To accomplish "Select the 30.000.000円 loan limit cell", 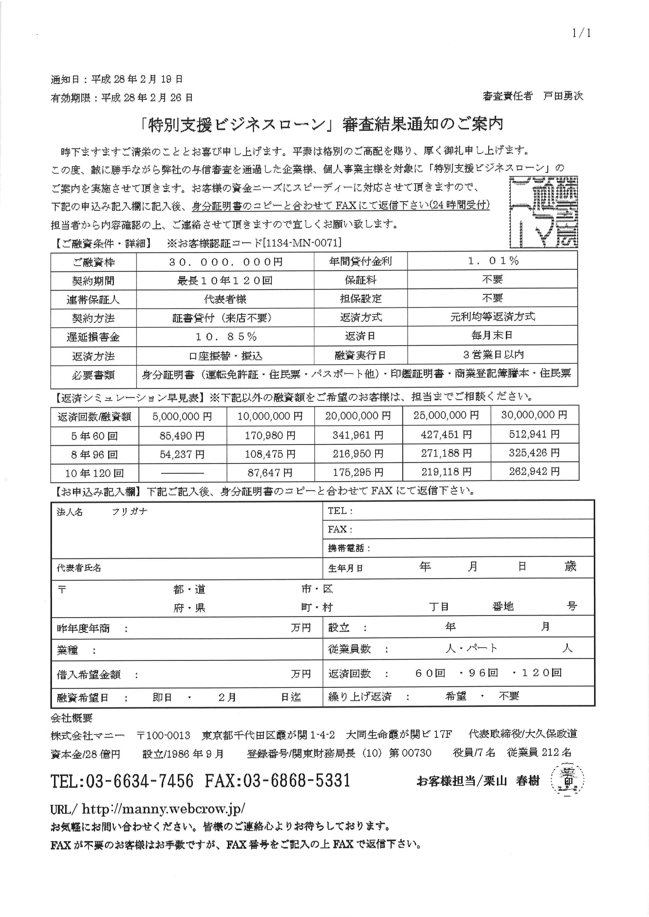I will (225, 262).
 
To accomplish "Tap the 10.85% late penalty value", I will (225, 337).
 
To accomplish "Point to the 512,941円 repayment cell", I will (534, 434).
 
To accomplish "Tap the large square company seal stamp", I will (544, 212).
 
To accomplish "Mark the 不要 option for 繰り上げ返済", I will (509, 696).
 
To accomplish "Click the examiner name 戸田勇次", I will (563, 96).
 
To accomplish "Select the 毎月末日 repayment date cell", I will (492, 335).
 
